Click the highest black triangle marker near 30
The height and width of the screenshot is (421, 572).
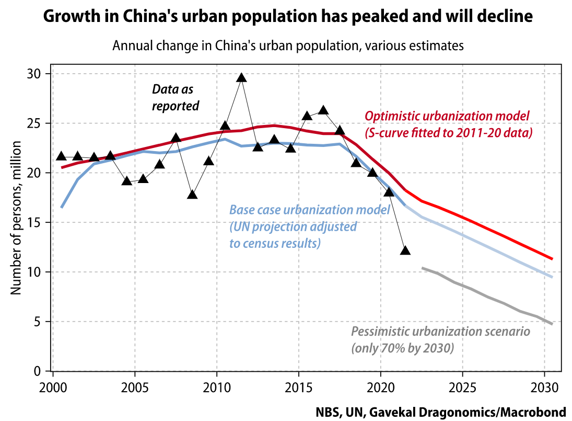(241, 78)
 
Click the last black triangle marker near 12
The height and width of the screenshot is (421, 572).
(405, 251)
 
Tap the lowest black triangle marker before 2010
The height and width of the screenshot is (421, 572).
(192, 195)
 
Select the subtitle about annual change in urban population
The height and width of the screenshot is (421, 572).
(288, 45)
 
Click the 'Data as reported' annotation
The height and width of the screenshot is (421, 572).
(176, 98)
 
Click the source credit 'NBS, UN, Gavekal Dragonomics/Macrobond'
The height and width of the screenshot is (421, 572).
(441, 412)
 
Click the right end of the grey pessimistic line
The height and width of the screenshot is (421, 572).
(552, 324)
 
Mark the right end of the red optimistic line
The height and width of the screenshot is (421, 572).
(552, 259)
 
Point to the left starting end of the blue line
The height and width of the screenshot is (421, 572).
(62, 208)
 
